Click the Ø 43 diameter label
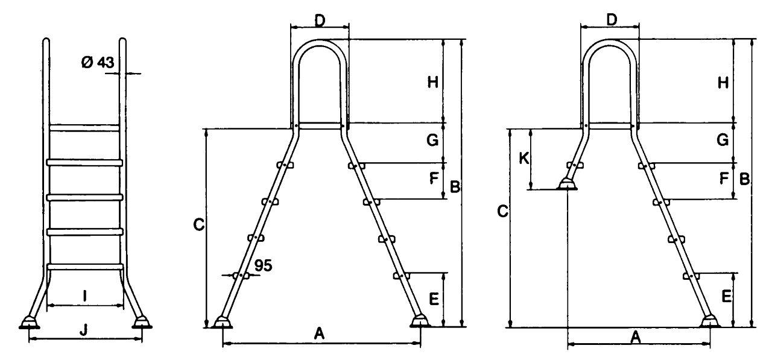tap(98, 62)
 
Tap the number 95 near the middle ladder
tap(264, 265)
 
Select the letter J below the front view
tap(83, 330)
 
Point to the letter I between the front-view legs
tap(85, 295)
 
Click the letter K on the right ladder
tap(524, 159)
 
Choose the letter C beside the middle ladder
tap(199, 225)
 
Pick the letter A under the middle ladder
tap(319, 333)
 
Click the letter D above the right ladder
tap(611, 20)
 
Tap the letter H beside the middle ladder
tap(433, 83)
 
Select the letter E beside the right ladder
tap(726, 296)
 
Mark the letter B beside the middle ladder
tap(455, 186)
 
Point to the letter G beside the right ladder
tap(723, 140)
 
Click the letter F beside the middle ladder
tap(434, 178)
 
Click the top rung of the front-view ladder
tap(84, 128)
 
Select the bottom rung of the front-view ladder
tap(85, 267)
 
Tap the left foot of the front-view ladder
tap(30, 323)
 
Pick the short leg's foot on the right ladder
tap(567, 185)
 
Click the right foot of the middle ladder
tap(420, 321)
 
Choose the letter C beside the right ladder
tap(503, 211)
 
